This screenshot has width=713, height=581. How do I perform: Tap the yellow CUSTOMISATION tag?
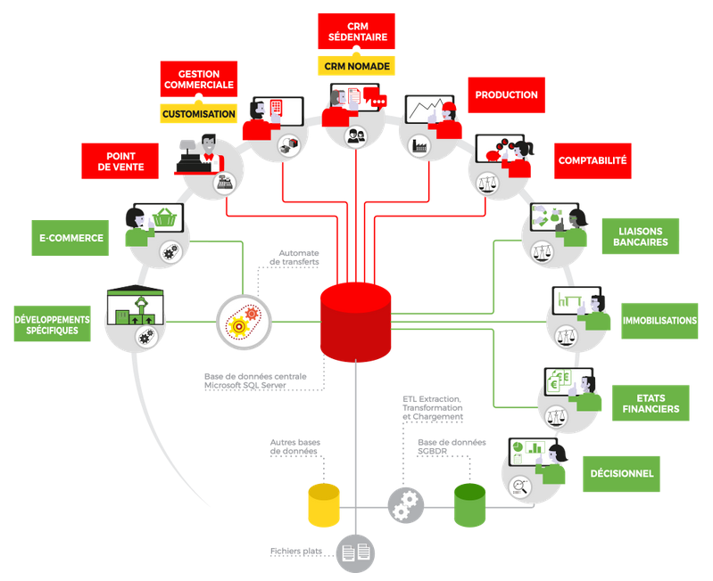pyautogui.click(x=198, y=114)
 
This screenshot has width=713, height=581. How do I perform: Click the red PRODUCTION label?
pyautogui.click(x=506, y=95)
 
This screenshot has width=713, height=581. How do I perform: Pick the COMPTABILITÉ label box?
pyautogui.click(x=593, y=161)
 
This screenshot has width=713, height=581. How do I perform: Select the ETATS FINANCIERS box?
pyautogui.click(x=651, y=403)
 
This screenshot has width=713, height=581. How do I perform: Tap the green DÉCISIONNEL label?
pyautogui.click(x=621, y=474)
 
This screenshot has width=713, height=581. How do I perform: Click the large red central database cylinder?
pyautogui.click(x=355, y=322)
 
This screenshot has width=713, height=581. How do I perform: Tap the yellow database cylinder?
pyautogui.click(x=324, y=505)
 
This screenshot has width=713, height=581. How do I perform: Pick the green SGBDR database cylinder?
pyautogui.click(x=469, y=505)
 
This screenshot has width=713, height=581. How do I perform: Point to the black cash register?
pyautogui.click(x=191, y=160)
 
